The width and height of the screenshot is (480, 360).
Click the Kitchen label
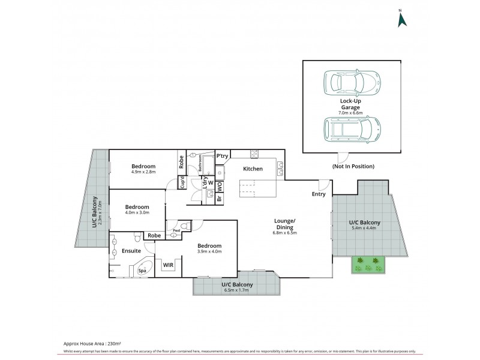pyautogui.click(x=253, y=169)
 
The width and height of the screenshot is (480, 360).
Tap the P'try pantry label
pyautogui.click(x=223, y=155)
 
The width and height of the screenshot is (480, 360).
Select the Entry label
pyautogui.click(x=319, y=194)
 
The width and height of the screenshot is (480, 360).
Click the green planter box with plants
pyautogui.click(x=368, y=265)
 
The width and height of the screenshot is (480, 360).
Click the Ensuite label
pyautogui.click(x=131, y=251)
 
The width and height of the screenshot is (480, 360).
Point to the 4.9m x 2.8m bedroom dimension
pyautogui.click(x=143, y=172)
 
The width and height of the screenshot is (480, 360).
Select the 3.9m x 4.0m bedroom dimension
pyautogui.click(x=209, y=252)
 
